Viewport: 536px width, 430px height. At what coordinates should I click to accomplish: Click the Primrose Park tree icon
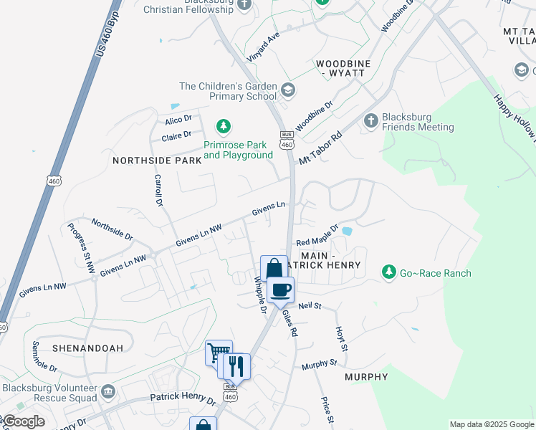click(x=224, y=127)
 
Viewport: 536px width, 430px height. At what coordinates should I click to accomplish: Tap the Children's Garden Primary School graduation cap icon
click(x=288, y=90)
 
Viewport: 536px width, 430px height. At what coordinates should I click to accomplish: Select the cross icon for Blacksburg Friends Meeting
click(x=371, y=120)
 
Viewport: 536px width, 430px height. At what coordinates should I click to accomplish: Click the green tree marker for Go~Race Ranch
click(x=388, y=272)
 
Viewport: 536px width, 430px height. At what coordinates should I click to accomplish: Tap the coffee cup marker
click(x=281, y=290)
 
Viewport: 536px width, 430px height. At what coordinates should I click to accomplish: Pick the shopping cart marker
click(x=219, y=352)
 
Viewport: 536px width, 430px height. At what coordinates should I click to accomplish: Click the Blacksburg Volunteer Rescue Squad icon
click(x=108, y=391)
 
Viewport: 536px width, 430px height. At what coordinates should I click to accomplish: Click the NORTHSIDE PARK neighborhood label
click(x=157, y=161)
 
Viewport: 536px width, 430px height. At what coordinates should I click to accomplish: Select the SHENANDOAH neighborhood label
click(x=87, y=348)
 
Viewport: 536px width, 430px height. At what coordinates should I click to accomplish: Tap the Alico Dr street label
click(x=178, y=120)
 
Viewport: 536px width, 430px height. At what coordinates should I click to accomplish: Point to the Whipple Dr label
click(x=260, y=295)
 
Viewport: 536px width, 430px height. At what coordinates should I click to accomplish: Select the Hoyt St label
click(x=342, y=339)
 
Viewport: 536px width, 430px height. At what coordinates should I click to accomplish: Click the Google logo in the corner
click(x=23, y=421)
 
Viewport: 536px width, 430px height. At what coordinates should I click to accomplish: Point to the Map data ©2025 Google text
click(x=491, y=424)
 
